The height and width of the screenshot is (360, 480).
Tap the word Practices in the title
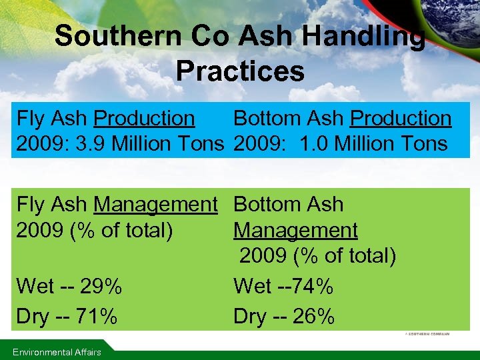(240, 71)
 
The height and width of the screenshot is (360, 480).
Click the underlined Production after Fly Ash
(144, 119)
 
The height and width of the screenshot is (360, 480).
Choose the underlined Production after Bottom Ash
(401, 119)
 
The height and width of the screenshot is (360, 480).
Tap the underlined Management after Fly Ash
(155, 205)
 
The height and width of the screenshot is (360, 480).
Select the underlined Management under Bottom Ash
(295, 231)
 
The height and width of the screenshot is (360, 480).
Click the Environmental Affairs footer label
(57, 352)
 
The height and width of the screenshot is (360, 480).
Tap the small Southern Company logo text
(427, 333)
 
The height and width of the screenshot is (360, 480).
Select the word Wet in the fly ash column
(35, 287)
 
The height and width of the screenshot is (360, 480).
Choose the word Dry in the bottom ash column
(249, 317)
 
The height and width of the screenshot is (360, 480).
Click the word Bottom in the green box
(265, 205)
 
